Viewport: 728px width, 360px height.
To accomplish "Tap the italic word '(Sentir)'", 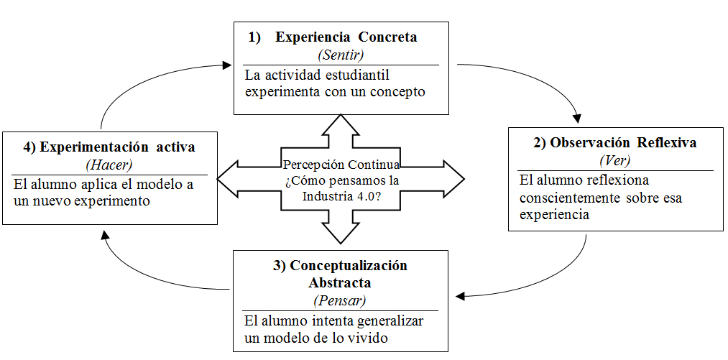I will coord(341,54).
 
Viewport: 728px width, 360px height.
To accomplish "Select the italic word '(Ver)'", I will coord(614,160).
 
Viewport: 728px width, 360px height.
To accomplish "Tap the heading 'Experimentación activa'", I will coord(118,147).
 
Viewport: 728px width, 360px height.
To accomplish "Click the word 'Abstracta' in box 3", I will coord(340,282).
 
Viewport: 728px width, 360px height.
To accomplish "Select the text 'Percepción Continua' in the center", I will coord(341,164).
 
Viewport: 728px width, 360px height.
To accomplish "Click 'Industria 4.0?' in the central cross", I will coord(341,196).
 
